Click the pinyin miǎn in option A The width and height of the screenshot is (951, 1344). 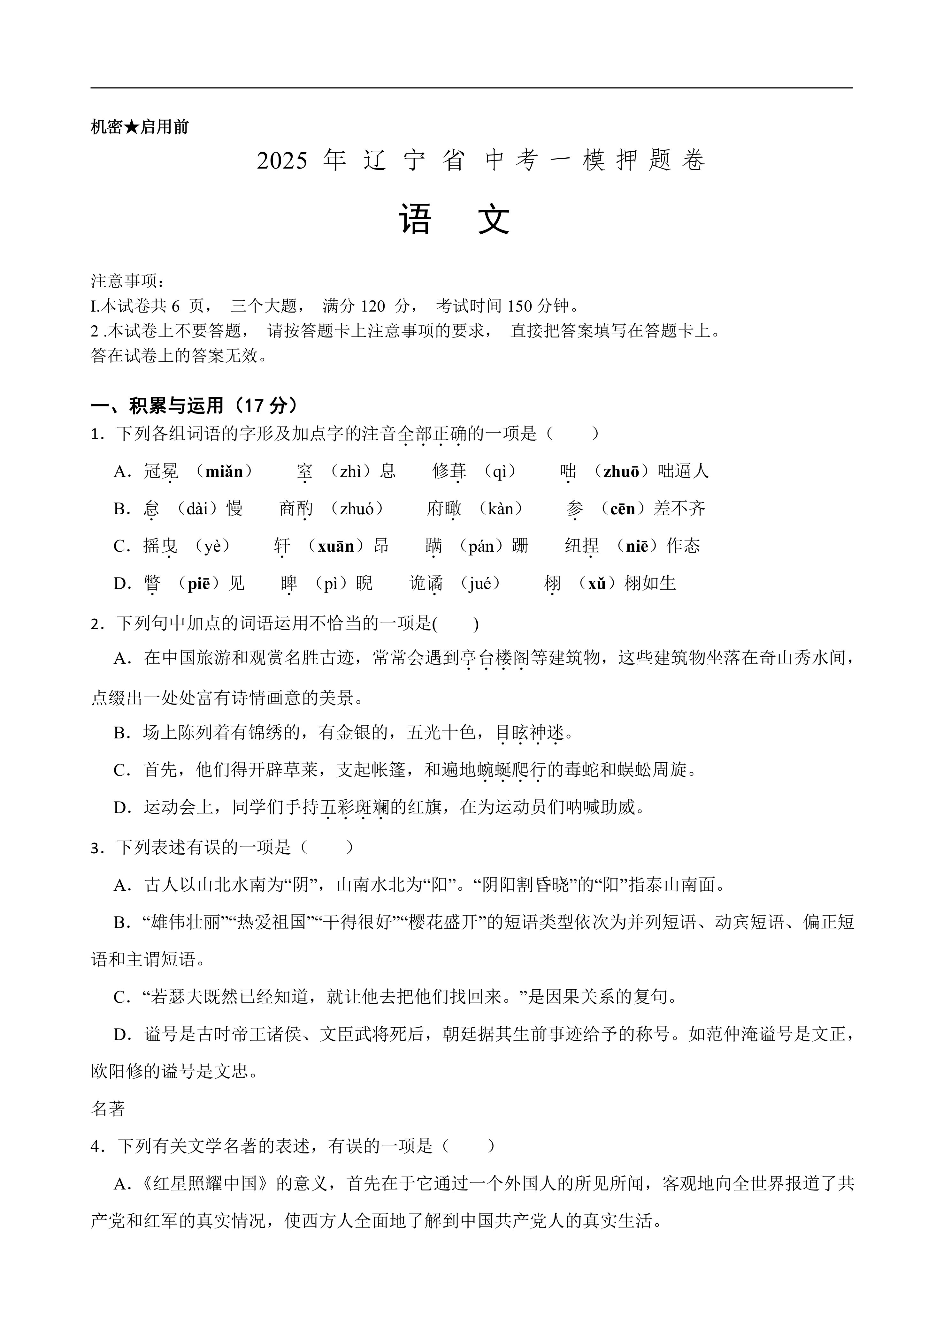(x=224, y=471)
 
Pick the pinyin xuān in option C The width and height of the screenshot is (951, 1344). (x=335, y=546)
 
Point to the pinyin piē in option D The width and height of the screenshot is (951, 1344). (x=198, y=584)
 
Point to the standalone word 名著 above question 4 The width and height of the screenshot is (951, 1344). (x=108, y=1109)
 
